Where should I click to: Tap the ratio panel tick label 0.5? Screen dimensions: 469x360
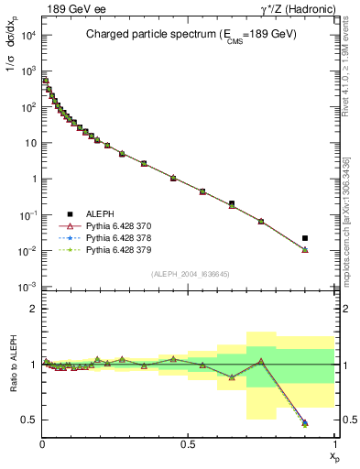point(28,420)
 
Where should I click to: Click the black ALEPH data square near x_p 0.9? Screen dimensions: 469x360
point(305,238)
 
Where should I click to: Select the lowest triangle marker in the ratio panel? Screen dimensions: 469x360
point(305,423)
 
